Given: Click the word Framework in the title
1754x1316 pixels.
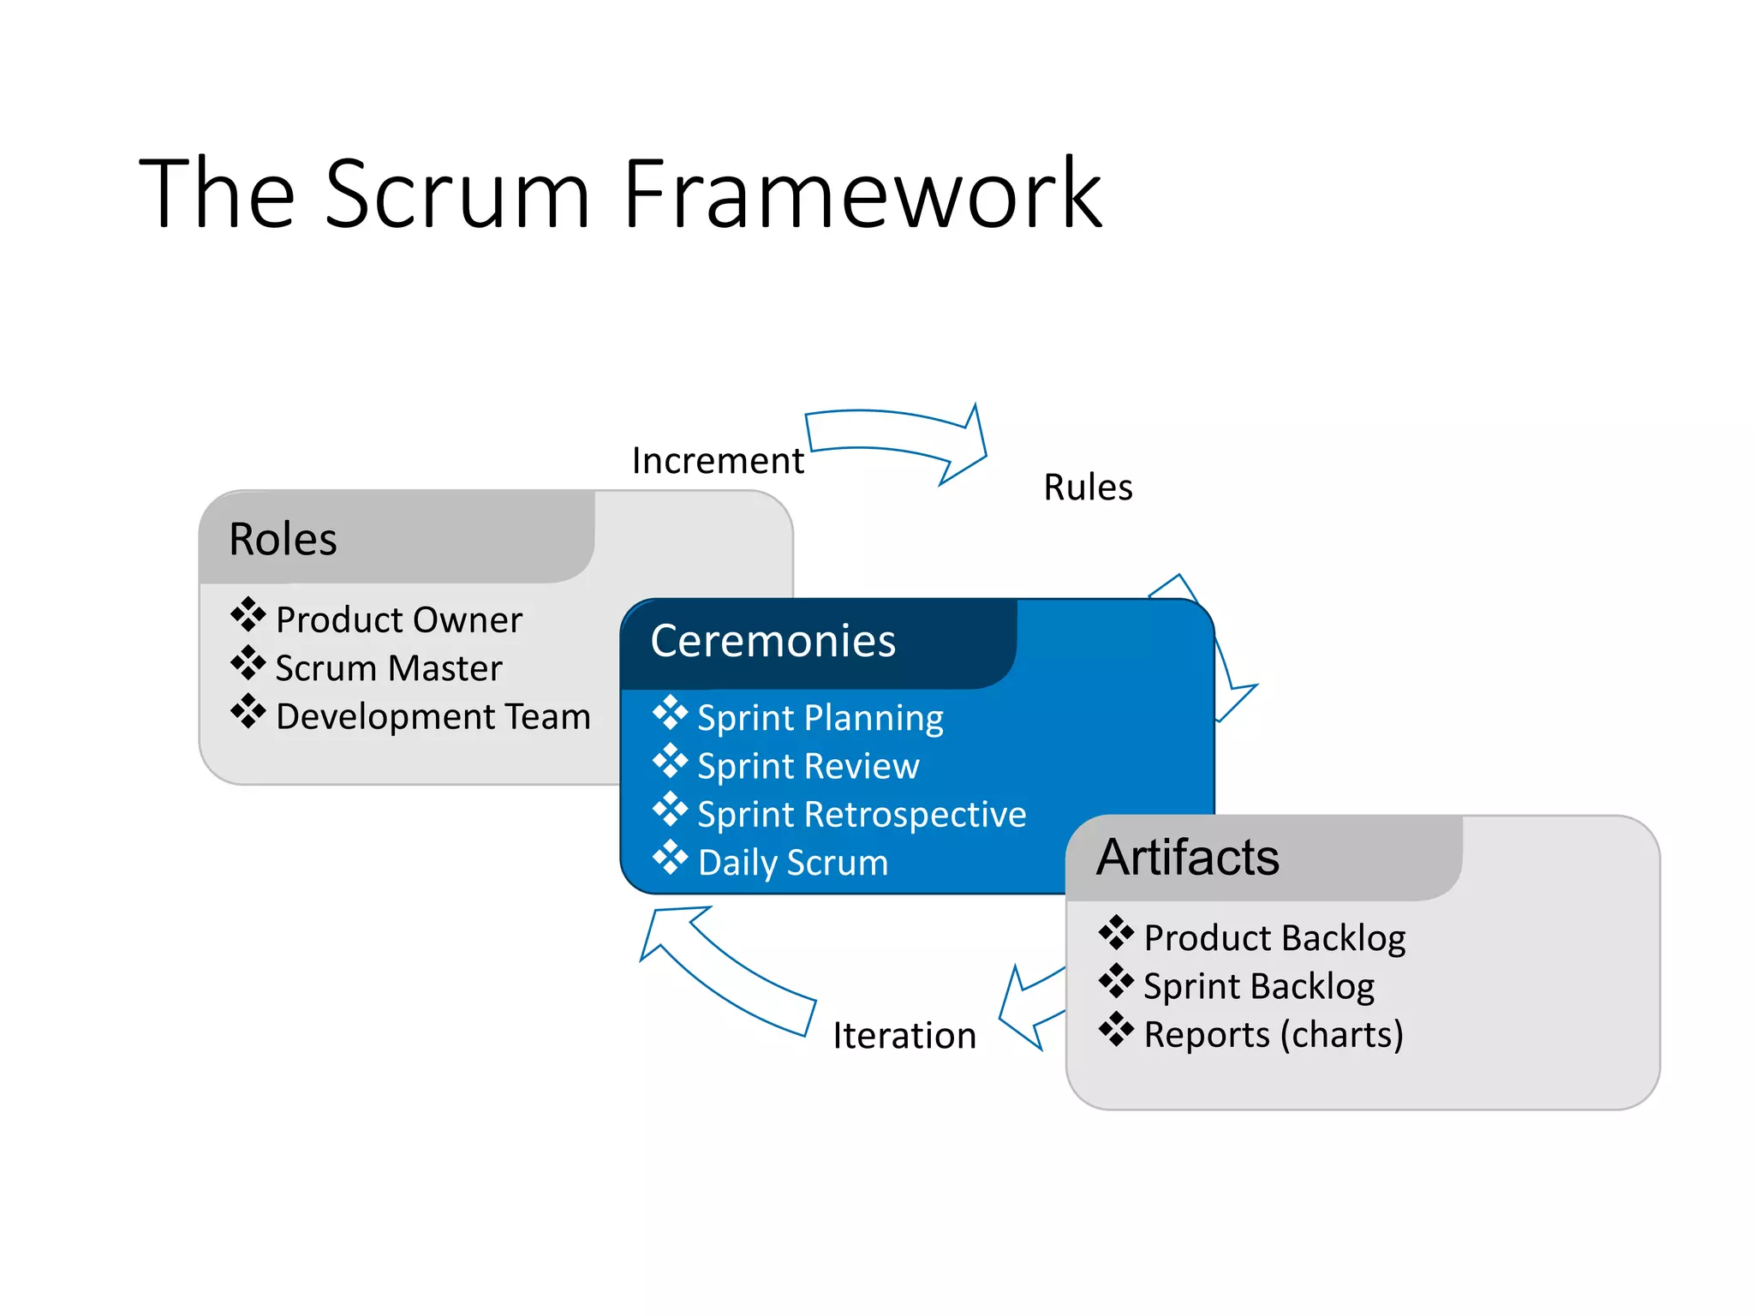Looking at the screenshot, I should [x=862, y=194].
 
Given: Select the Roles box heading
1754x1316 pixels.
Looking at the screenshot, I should [x=283, y=540].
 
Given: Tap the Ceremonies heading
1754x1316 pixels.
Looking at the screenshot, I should [x=773, y=641].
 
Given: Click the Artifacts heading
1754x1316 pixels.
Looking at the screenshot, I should [x=1188, y=857].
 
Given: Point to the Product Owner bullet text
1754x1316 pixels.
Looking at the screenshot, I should [x=398, y=619].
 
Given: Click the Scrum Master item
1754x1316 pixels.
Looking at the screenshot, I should [x=388, y=668].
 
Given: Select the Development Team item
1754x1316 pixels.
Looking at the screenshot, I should [x=433, y=716].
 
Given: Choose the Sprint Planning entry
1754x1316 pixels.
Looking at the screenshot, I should [x=820, y=718].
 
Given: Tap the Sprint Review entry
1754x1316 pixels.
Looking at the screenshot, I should [x=808, y=766].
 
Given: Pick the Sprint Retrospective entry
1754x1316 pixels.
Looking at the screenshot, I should [x=861, y=814].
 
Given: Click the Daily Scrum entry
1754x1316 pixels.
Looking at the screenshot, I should [x=792, y=863].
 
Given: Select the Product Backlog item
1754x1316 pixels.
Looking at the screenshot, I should [x=1274, y=938].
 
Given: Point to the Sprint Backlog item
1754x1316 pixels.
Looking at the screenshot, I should [x=1258, y=986].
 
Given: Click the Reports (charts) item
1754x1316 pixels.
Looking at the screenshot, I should [x=1273, y=1035].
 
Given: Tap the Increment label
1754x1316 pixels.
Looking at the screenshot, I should [x=718, y=461].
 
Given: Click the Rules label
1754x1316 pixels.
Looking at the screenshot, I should [x=1088, y=488].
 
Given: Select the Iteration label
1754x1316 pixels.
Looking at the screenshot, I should [x=904, y=1036].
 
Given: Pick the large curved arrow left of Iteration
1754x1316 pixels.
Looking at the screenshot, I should [x=728, y=972].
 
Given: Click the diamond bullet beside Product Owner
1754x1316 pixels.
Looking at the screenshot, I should [x=248, y=614].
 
